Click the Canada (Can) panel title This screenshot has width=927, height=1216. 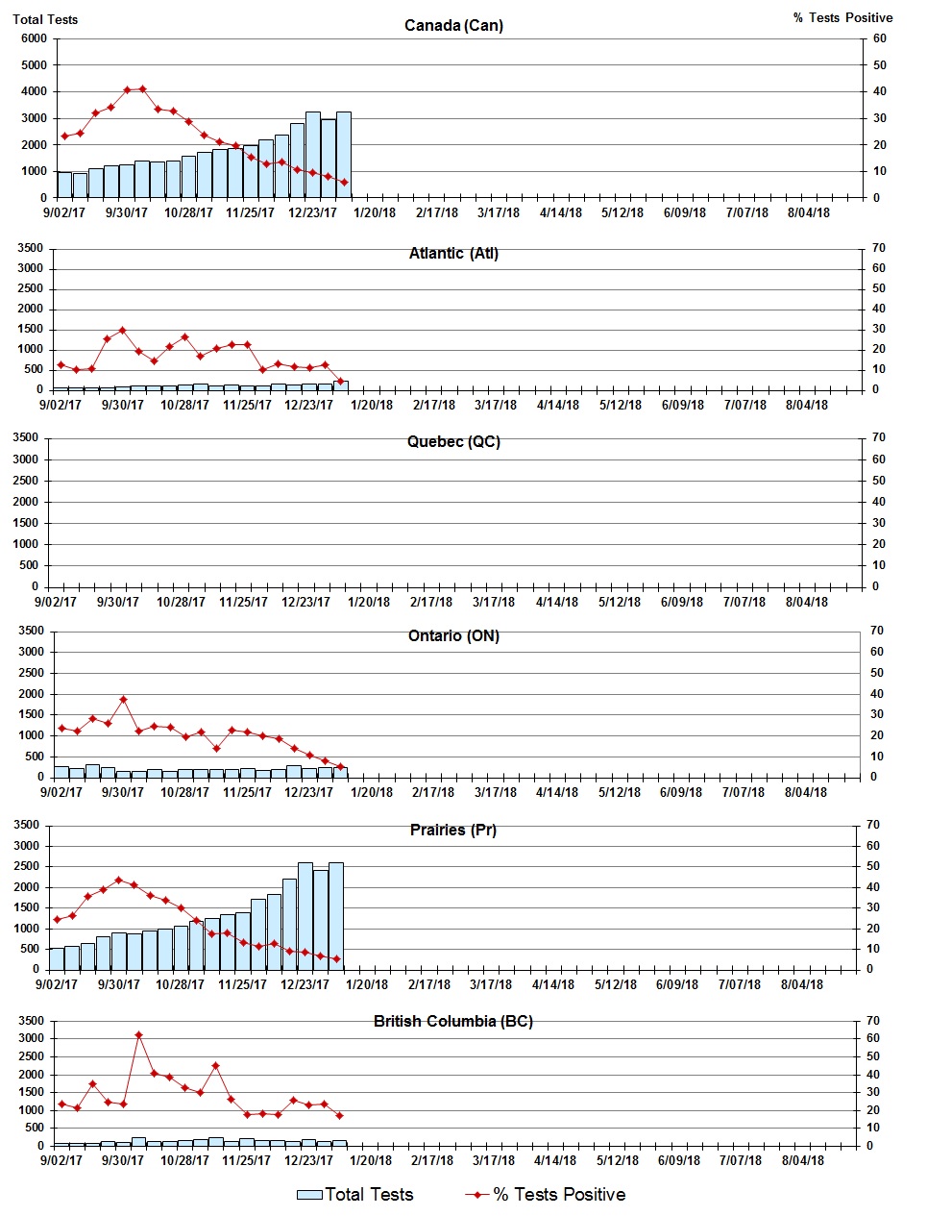453,25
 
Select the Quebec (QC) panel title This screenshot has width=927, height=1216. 453,442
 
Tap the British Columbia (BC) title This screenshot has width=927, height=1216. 453,1021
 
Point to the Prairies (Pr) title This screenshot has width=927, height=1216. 453,830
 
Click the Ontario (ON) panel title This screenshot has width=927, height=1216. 453,636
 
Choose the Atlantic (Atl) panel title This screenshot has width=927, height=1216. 453,254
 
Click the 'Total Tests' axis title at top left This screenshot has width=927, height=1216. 45,19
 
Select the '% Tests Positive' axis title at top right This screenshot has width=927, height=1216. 842,18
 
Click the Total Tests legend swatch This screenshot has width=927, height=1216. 309,1195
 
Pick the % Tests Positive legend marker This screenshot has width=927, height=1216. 476,1195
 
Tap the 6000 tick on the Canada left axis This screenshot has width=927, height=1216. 34,38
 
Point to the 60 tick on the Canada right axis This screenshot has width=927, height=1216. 880,38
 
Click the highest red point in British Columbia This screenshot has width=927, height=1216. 138,1034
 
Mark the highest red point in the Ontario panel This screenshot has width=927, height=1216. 123,700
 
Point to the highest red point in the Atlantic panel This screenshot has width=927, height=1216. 122,330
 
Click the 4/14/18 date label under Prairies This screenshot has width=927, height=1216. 553,984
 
